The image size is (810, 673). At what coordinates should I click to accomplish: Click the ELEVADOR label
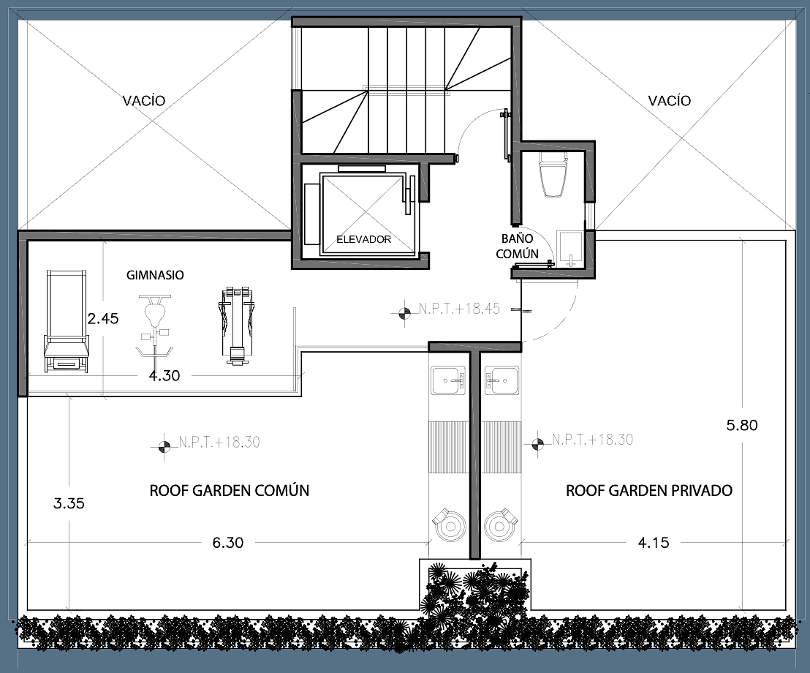[363, 239]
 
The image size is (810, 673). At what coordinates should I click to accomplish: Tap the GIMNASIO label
[155, 275]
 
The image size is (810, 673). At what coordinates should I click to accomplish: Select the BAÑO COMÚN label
[517, 246]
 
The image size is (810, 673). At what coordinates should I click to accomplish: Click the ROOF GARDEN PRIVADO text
[649, 491]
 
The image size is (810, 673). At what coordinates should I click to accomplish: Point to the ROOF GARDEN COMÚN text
[230, 491]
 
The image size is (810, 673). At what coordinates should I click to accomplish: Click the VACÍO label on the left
[144, 100]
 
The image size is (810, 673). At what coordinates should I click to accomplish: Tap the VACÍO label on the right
[670, 100]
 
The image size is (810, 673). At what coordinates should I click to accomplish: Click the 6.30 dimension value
[228, 543]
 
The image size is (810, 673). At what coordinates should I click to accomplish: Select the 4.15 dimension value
[654, 543]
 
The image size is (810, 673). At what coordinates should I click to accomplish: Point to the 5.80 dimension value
[742, 426]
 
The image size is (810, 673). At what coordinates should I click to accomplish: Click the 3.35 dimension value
[69, 503]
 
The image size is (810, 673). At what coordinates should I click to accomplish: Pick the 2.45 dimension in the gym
[103, 319]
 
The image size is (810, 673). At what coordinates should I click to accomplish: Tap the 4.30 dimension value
[164, 376]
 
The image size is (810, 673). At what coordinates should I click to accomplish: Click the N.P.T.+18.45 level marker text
[459, 309]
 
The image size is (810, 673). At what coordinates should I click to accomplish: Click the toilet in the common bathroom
[553, 175]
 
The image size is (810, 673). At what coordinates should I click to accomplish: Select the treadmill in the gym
[66, 321]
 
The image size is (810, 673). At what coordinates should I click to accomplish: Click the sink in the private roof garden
[501, 380]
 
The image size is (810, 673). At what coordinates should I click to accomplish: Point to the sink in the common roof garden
[448, 380]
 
